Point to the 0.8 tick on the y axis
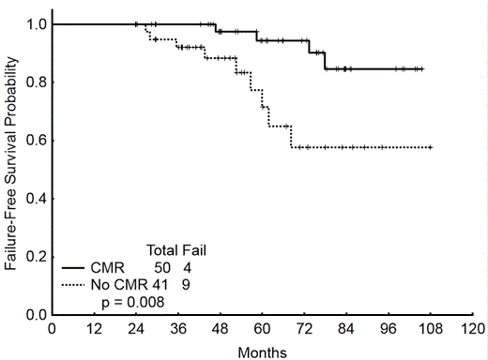pos(36,82)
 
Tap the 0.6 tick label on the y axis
pos(36,141)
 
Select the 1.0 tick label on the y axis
pos(36,23)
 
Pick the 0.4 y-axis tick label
pos(36,199)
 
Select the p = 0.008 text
pos(132,301)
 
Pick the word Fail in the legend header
pos(194,250)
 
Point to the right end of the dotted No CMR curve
pos(431,147)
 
